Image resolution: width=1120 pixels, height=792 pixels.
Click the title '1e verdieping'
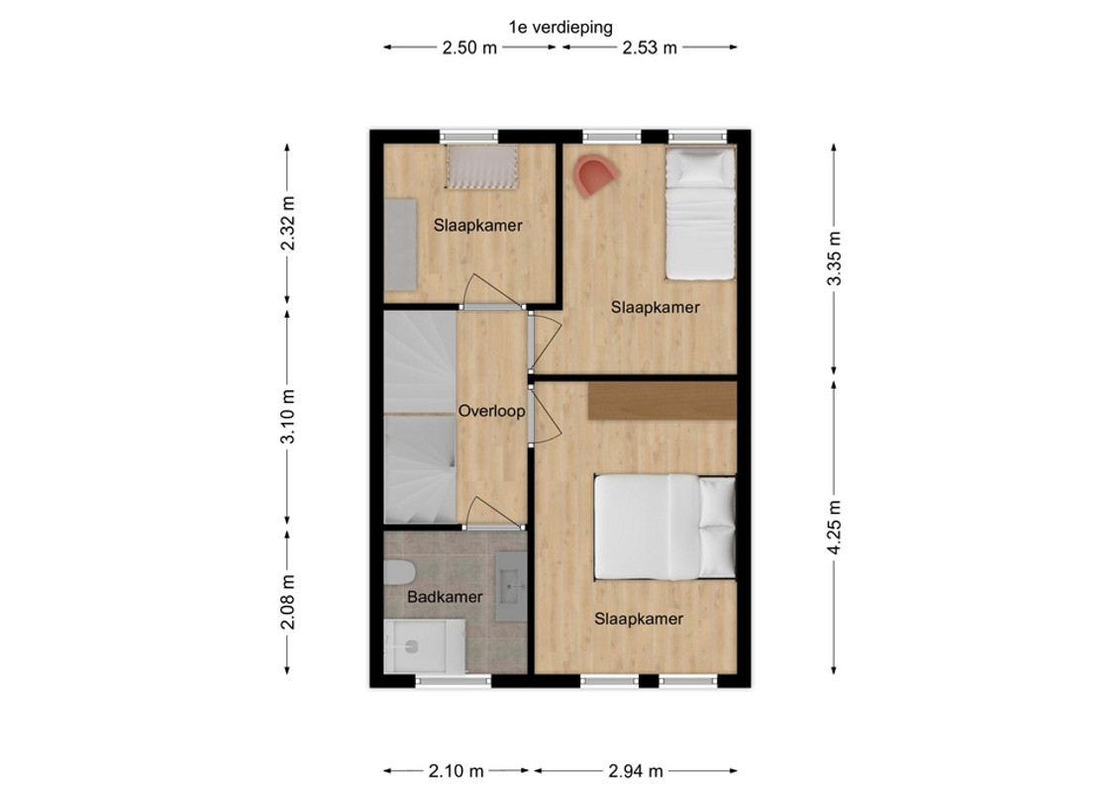point(560,27)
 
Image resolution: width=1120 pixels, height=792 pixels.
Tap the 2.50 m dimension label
point(469,48)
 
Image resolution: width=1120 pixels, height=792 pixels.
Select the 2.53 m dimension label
point(650,48)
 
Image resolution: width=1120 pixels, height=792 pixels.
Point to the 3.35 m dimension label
point(834,258)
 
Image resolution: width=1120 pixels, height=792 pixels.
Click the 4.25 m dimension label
point(834,527)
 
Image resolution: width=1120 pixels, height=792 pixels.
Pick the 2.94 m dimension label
point(636,771)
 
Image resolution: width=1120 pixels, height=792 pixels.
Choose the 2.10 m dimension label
point(456,771)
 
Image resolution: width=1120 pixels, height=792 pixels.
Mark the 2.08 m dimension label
point(288,602)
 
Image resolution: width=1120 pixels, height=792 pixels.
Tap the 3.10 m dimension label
point(288,417)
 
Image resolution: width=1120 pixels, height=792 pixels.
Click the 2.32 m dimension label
point(288,223)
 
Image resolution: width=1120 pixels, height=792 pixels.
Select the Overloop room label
point(491,412)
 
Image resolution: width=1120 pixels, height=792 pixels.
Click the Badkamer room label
point(445,597)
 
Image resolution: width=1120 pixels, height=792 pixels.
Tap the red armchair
point(593,176)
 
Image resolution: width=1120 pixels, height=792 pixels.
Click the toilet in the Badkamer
point(398,573)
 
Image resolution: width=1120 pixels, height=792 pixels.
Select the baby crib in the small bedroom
point(482,166)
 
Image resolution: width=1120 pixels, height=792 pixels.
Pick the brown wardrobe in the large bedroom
point(662,401)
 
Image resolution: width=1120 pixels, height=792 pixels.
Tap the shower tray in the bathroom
point(424,646)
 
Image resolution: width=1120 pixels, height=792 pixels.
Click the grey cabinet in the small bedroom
point(401,245)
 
